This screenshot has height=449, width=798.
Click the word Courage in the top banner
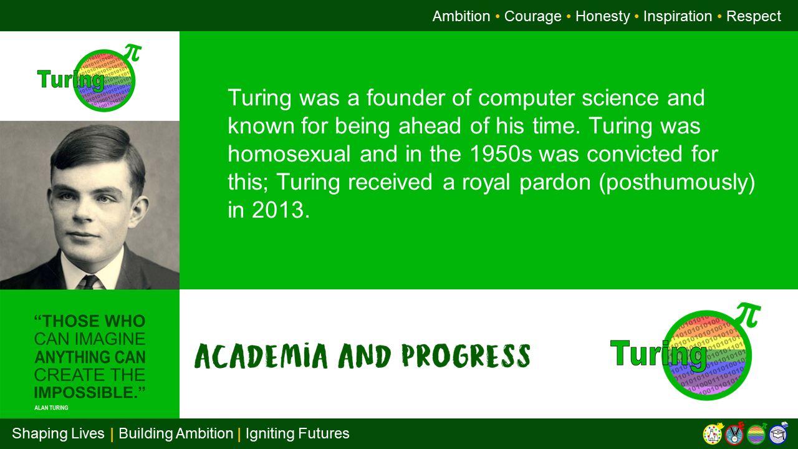coord(532,16)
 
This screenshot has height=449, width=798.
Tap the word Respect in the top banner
coord(753,16)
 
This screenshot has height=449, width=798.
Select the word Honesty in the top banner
coord(602,16)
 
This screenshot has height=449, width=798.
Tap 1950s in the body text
coord(494,154)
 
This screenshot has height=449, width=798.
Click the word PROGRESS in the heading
coord(466,355)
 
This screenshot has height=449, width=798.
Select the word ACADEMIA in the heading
coord(261,355)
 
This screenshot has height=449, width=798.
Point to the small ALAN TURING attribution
coord(51,407)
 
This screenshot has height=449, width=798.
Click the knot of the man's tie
coord(90,280)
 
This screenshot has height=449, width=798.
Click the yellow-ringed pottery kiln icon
coord(713,434)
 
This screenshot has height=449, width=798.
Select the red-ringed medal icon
coord(734,434)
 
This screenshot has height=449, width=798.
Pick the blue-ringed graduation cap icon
coord(778,434)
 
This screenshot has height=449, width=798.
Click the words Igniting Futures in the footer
coord(297,433)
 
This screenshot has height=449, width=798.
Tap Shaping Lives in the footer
coord(58,433)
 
